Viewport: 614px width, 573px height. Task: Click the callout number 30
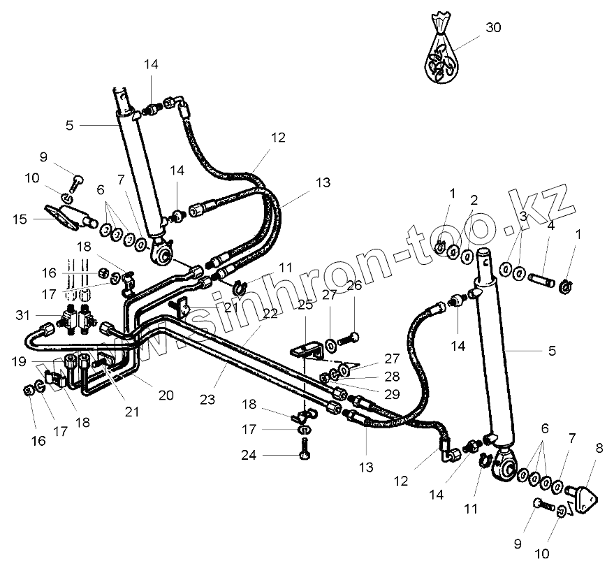click(x=493, y=28)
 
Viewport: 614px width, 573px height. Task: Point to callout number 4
click(x=551, y=226)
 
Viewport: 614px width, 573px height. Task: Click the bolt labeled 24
click(x=305, y=448)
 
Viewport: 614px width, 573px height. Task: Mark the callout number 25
click(x=305, y=305)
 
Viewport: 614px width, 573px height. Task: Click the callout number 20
click(x=166, y=395)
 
